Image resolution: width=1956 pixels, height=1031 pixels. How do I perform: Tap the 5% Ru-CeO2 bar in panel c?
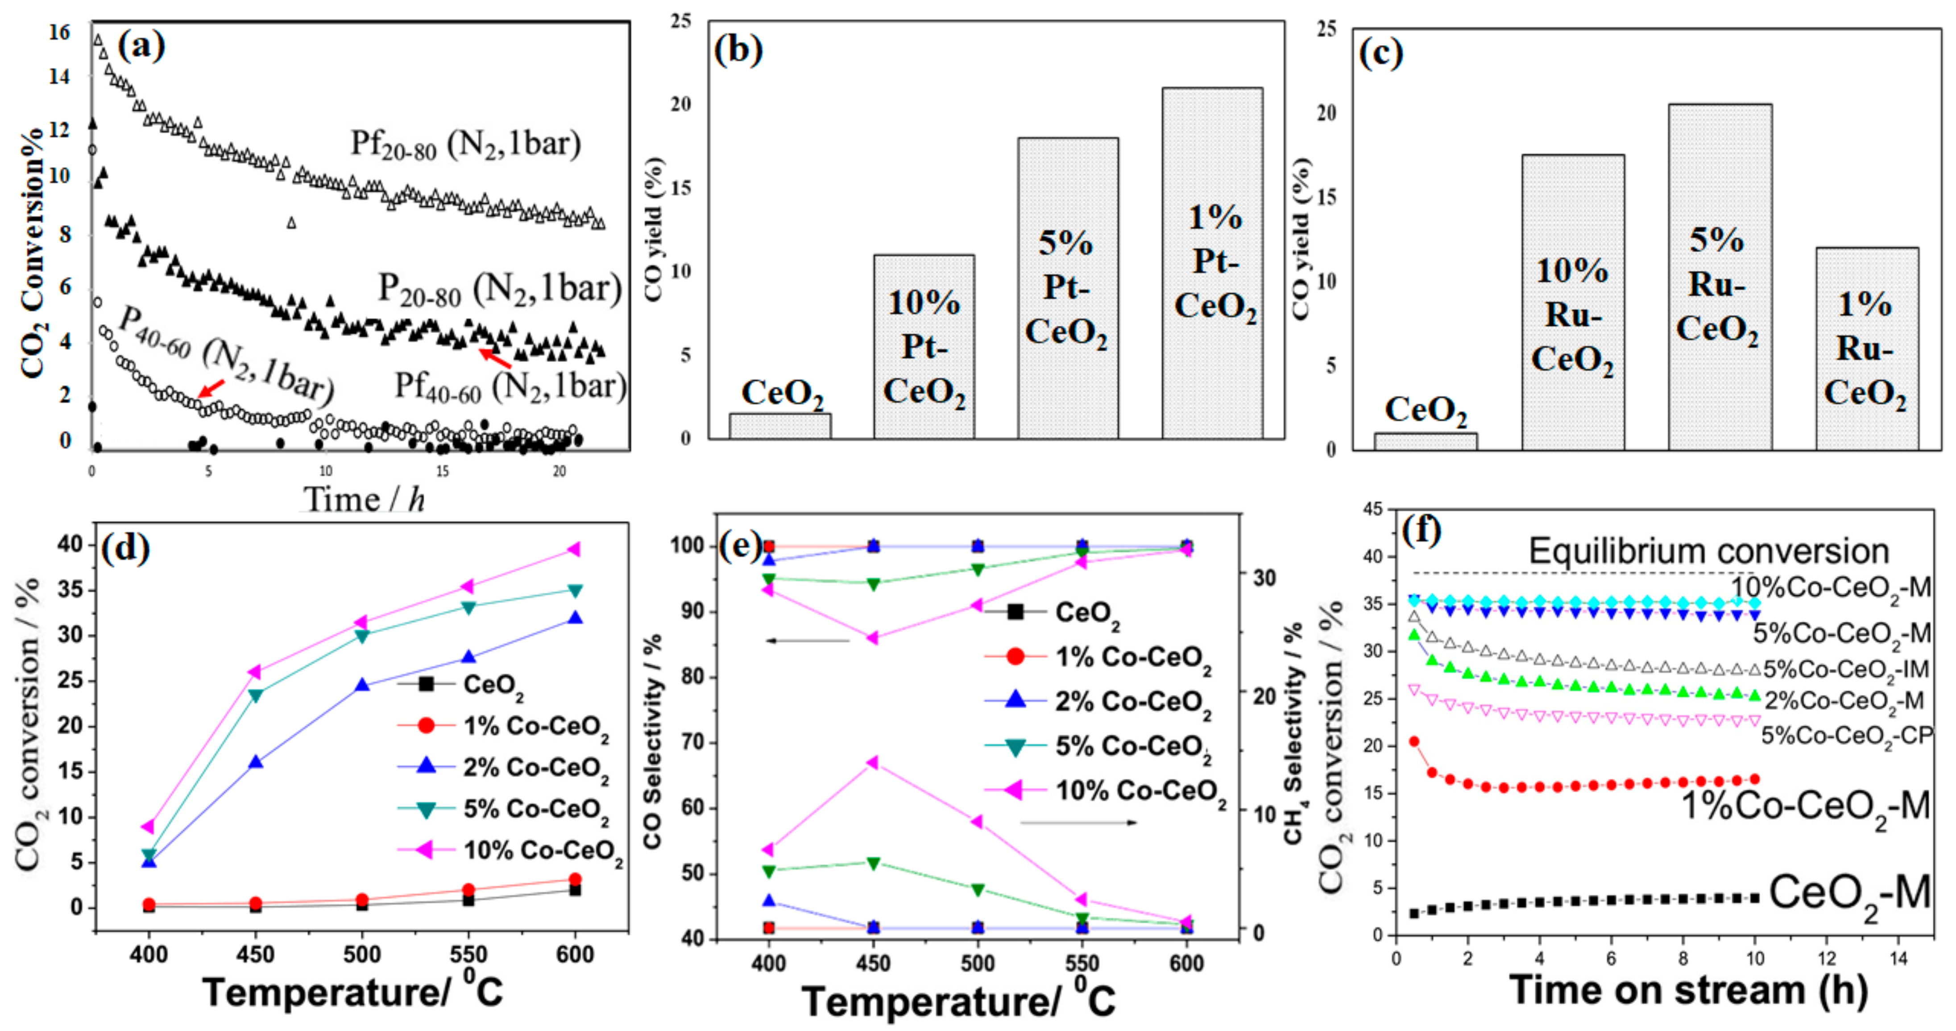[x=1720, y=277]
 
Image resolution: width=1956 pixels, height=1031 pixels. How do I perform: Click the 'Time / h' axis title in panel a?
[x=365, y=499]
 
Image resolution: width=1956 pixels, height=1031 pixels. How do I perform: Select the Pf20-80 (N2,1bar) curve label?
[x=465, y=144]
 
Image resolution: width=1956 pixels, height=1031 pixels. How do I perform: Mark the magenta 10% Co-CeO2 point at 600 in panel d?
[x=575, y=549]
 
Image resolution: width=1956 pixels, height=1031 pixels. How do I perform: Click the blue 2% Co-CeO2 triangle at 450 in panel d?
[x=256, y=762]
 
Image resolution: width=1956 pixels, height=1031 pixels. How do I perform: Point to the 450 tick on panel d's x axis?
[x=256, y=954]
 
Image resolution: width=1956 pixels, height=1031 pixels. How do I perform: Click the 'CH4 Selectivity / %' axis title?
[x=1293, y=733]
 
